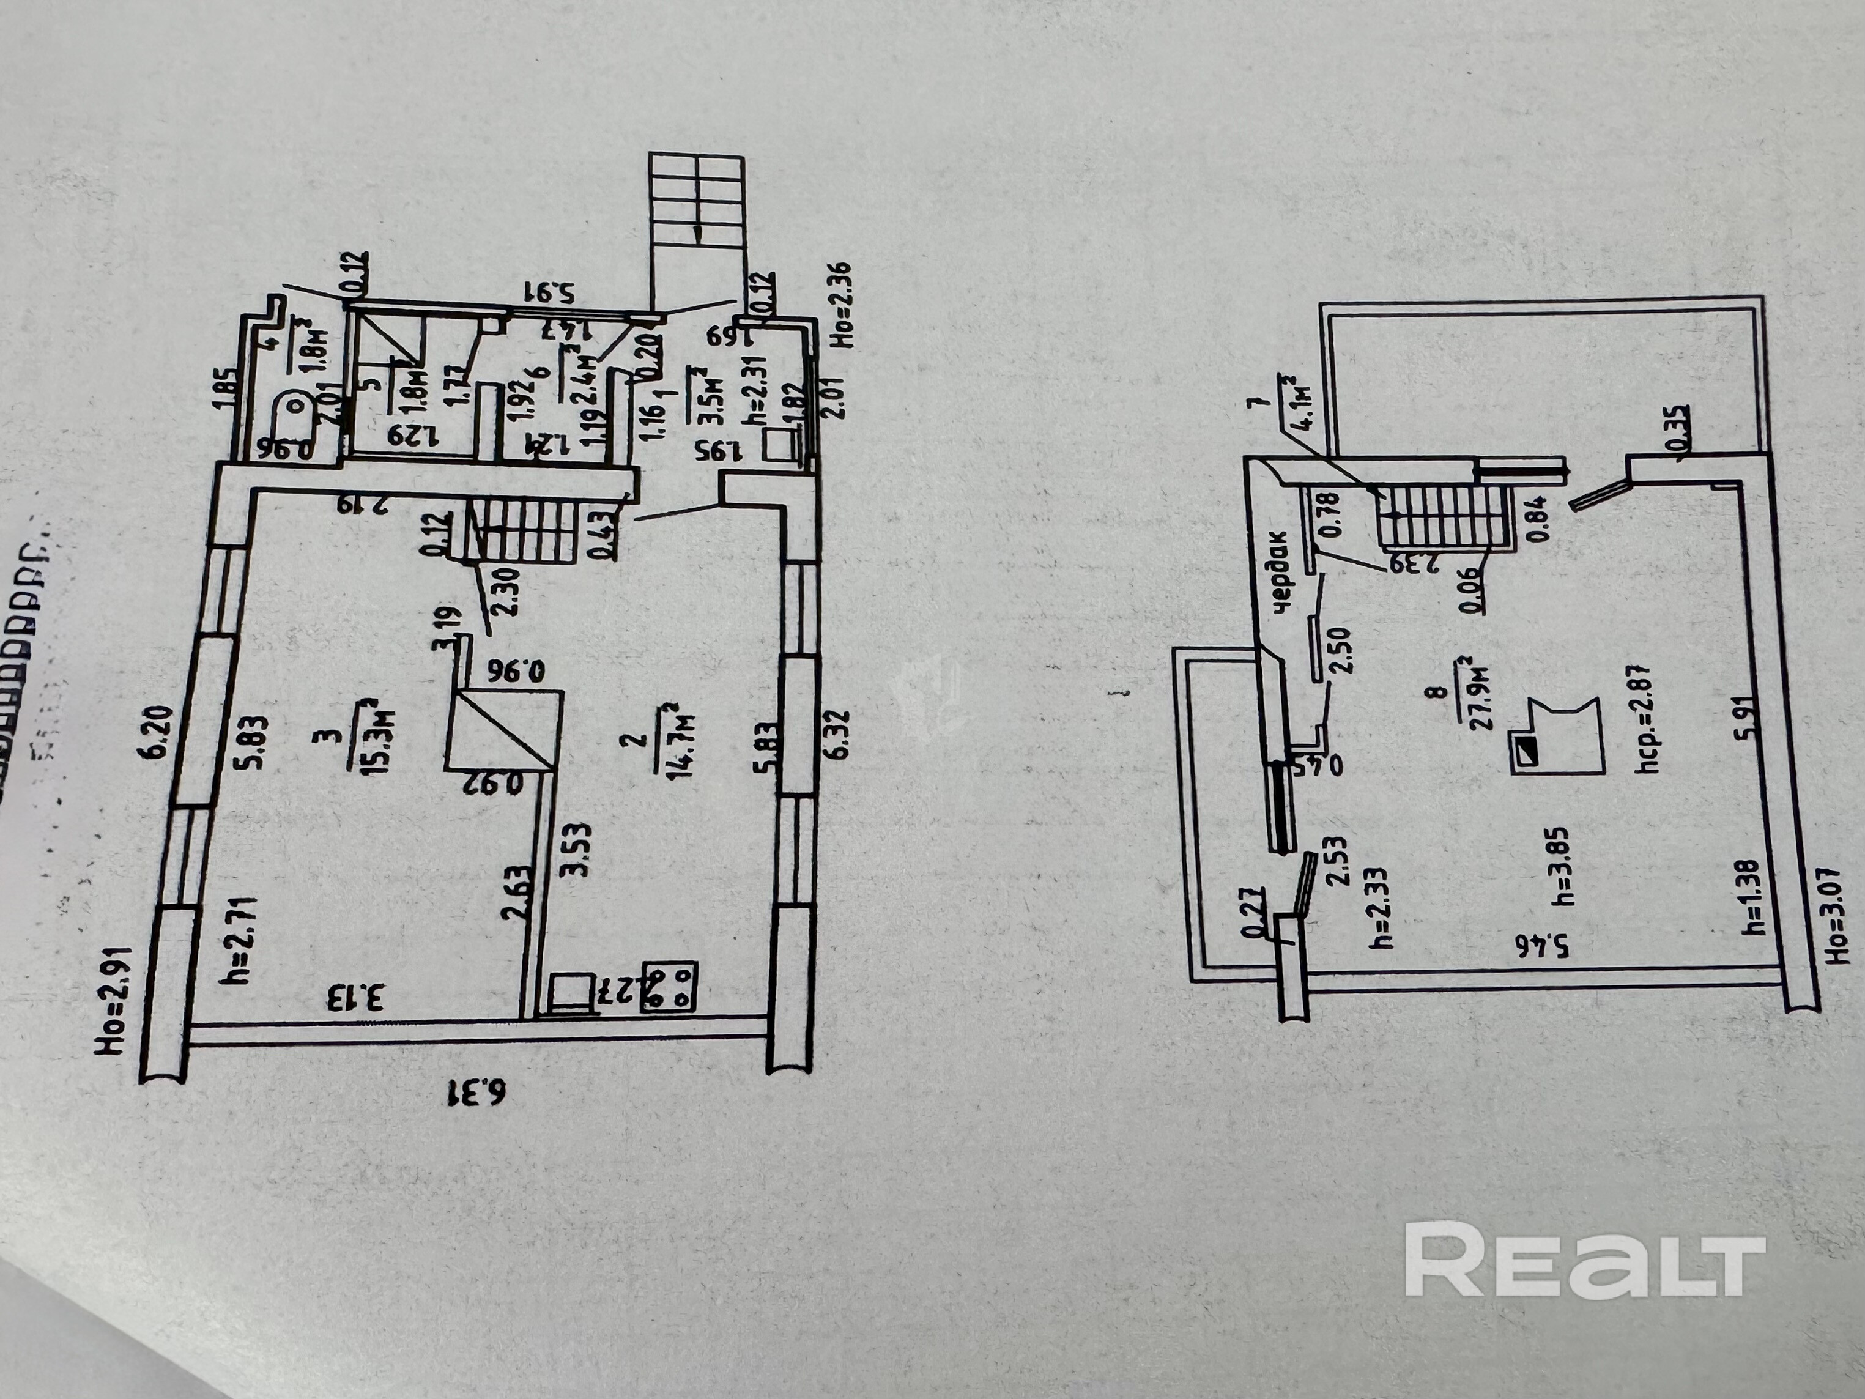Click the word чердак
pos(1280,572)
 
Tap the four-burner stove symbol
pos(669,987)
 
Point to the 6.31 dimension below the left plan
pos(476,1094)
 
